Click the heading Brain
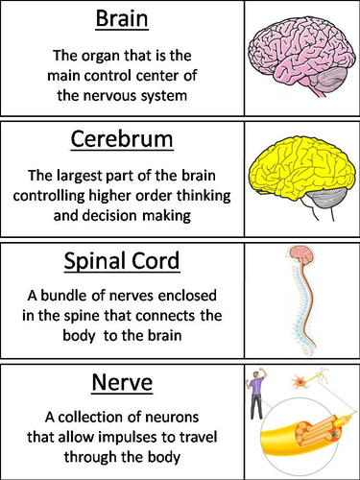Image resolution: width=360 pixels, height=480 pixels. click(122, 20)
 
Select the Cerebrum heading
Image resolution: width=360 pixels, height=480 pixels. click(122, 140)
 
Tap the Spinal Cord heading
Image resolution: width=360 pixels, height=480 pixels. click(122, 261)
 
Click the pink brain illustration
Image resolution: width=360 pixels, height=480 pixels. click(300, 57)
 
